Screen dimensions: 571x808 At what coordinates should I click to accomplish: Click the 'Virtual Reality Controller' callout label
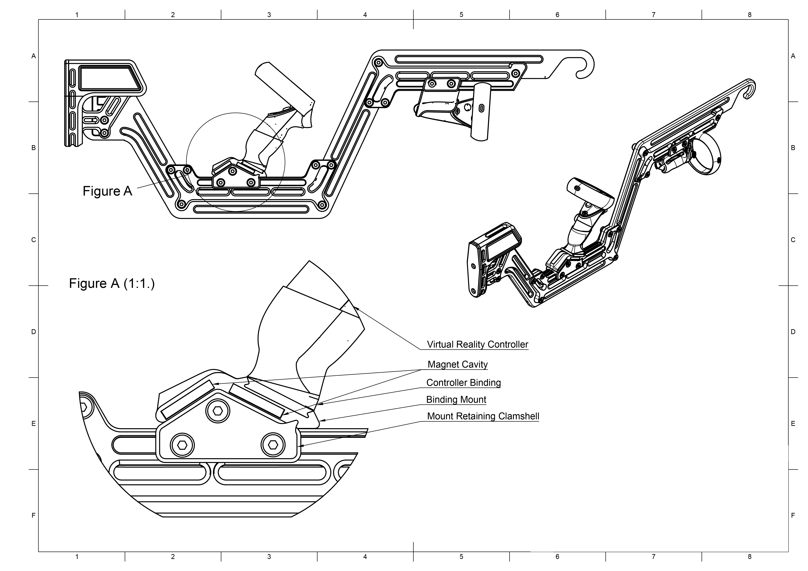click(x=477, y=344)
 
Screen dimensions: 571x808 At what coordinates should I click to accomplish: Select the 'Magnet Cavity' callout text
click(x=457, y=365)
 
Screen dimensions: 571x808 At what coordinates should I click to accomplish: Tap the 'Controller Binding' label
click(x=463, y=383)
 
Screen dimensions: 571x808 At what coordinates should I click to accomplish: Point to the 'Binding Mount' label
click(x=456, y=400)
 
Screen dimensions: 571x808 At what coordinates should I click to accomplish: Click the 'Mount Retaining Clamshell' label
click(x=483, y=416)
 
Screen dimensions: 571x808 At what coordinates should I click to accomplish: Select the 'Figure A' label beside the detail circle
click(x=107, y=191)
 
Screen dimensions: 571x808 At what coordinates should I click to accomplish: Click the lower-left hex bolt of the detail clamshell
click(x=182, y=445)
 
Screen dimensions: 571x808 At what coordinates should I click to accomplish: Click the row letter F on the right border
click(x=793, y=515)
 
